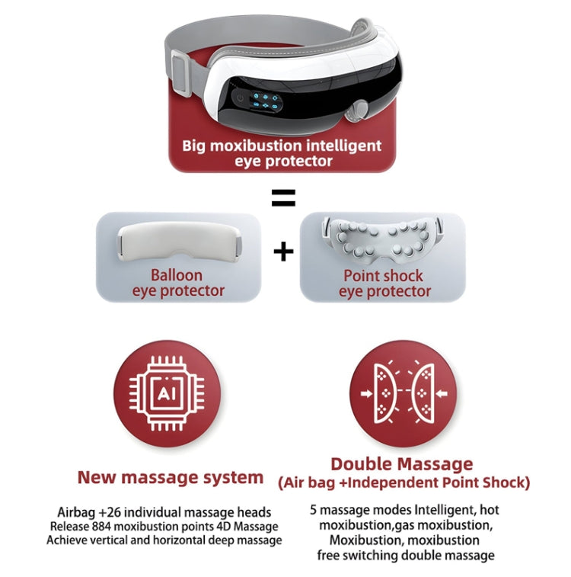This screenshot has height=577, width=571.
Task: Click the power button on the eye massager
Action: (x=241, y=98)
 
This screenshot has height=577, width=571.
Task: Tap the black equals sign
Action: (x=283, y=197)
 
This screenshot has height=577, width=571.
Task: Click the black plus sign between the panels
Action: (x=283, y=252)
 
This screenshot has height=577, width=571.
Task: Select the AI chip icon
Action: (x=167, y=393)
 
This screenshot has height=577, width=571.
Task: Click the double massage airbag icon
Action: (x=404, y=393)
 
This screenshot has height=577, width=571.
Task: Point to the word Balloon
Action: (x=177, y=275)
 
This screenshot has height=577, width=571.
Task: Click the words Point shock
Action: (x=383, y=276)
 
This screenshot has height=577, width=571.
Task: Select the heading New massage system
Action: (x=171, y=477)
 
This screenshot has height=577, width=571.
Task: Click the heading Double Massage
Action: (x=402, y=463)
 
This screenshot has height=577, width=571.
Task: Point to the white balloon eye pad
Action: (x=180, y=242)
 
